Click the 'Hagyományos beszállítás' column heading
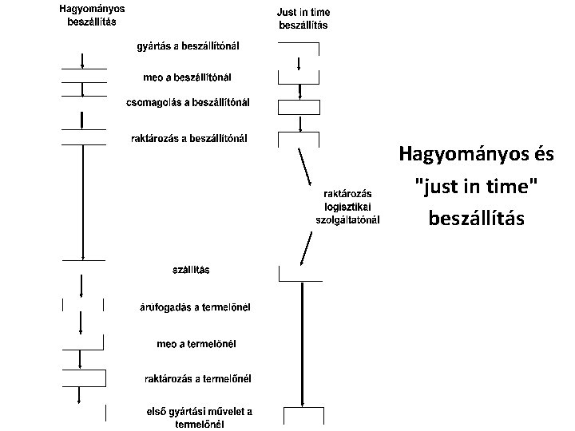90,15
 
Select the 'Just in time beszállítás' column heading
303,18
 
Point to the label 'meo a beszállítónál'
186,77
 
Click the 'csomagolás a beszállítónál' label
188,102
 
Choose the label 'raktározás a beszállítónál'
188,138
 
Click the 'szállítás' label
192,270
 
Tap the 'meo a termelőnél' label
200,344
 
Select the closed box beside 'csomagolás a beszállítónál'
298,106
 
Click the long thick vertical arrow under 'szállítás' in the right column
301,343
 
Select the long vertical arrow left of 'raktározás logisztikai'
84,204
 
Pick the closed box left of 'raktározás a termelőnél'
84,378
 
